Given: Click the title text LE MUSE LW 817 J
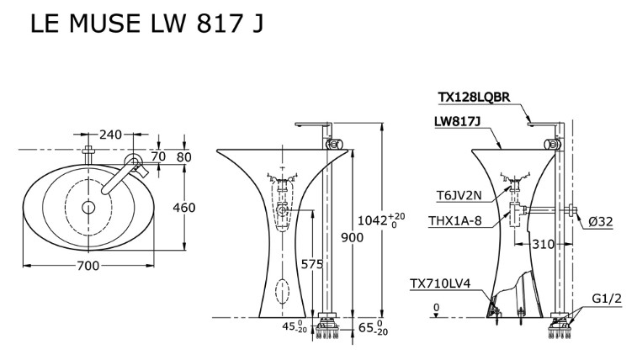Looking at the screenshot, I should (146, 24).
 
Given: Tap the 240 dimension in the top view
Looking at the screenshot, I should (111, 135).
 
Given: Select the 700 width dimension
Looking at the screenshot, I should (88, 266).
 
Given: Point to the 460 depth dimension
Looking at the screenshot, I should (183, 207).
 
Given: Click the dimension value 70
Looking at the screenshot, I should (159, 156).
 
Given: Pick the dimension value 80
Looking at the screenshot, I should (183, 156).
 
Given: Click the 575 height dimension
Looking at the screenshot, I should (311, 264).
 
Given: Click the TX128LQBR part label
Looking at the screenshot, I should (474, 98).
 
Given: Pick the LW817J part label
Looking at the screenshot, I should (457, 121).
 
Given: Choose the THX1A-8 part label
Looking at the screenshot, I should (454, 222).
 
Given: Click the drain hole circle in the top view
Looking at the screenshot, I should (88, 206).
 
